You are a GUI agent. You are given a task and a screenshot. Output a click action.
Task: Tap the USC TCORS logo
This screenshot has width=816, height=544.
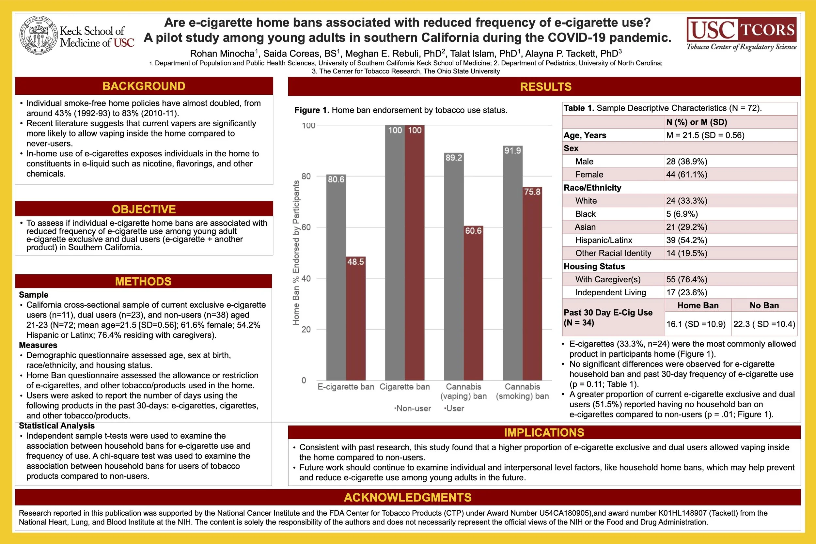click(x=741, y=34)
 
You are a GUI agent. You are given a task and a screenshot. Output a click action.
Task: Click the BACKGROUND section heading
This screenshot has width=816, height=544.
click(x=144, y=86)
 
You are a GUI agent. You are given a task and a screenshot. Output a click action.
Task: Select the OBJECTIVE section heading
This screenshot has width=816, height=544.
click(x=144, y=209)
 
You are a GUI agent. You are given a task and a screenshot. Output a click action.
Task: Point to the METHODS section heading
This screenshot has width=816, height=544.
click(x=143, y=281)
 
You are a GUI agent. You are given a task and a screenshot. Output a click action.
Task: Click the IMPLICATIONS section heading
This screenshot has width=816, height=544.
click(x=544, y=433)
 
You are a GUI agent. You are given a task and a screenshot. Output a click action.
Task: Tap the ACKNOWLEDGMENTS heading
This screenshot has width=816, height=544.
click(x=408, y=498)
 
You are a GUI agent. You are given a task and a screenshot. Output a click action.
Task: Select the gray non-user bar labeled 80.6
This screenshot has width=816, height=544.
click(x=336, y=278)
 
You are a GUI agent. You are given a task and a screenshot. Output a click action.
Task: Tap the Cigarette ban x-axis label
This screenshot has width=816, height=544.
click(x=404, y=387)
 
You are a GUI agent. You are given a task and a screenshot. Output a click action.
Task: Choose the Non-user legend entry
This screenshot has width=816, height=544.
click(x=413, y=408)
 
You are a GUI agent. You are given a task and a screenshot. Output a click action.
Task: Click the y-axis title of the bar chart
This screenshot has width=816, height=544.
click(x=296, y=253)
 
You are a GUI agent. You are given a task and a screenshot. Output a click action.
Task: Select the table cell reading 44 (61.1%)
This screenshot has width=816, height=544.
click(x=686, y=175)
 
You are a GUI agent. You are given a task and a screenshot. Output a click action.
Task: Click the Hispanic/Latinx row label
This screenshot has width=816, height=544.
click(x=603, y=240)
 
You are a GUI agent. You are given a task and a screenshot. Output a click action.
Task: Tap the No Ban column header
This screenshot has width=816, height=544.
click(x=764, y=305)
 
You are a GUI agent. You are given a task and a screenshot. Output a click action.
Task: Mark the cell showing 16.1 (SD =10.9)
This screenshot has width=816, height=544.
click(x=696, y=324)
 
